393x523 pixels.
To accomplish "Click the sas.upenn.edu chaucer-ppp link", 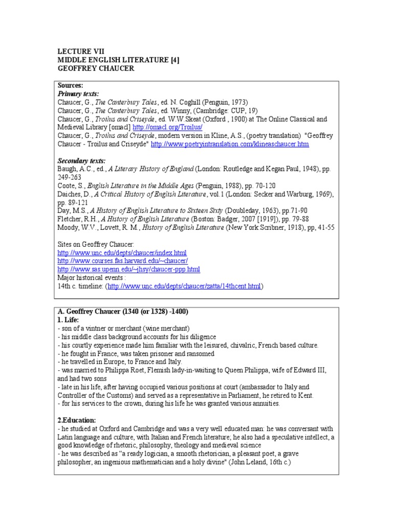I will tap(128, 269).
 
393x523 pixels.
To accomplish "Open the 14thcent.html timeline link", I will tap(184, 287).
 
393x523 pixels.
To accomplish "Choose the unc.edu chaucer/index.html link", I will tap(122, 253).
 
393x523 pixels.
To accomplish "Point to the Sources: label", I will tap(70, 85).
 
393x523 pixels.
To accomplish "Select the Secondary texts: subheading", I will tap(81, 161).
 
